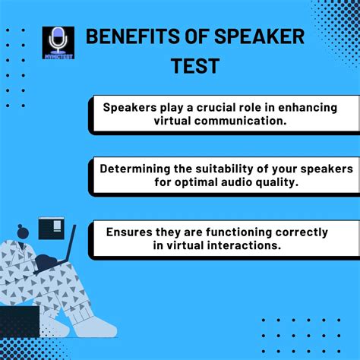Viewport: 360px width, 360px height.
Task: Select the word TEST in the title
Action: [x=194, y=66]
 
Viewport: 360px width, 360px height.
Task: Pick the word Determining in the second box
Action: [x=135, y=169]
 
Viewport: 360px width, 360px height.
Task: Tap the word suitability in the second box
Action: [x=233, y=169]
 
